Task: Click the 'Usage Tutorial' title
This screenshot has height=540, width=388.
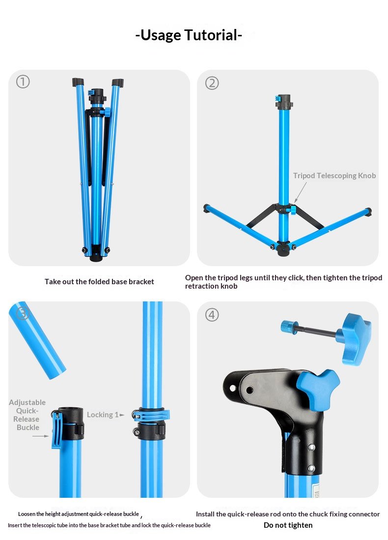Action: click(189, 35)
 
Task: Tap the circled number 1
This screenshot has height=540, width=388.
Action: click(23, 82)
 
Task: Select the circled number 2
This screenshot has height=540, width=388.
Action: click(212, 83)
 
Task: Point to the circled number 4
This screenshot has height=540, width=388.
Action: click(212, 315)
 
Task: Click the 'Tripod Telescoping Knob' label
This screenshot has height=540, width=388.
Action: click(334, 176)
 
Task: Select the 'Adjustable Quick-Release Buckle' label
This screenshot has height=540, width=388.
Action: click(27, 415)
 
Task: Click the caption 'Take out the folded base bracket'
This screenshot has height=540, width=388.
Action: click(99, 282)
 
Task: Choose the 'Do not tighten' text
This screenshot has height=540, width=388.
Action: click(288, 525)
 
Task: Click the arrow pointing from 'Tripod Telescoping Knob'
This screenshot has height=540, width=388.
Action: click(301, 192)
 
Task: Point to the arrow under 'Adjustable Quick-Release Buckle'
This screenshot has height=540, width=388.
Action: click(40, 436)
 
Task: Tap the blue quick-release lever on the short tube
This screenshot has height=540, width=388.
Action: click(56, 430)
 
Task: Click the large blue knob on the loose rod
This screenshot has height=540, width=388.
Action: click(355, 339)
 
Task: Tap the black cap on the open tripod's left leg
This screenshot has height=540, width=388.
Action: click(207, 208)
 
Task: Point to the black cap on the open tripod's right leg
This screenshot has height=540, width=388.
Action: click(368, 212)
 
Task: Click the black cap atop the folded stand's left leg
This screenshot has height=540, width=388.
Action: click(78, 82)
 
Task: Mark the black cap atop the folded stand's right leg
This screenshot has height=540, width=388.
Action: click(117, 83)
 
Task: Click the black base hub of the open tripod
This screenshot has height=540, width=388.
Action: click(283, 248)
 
